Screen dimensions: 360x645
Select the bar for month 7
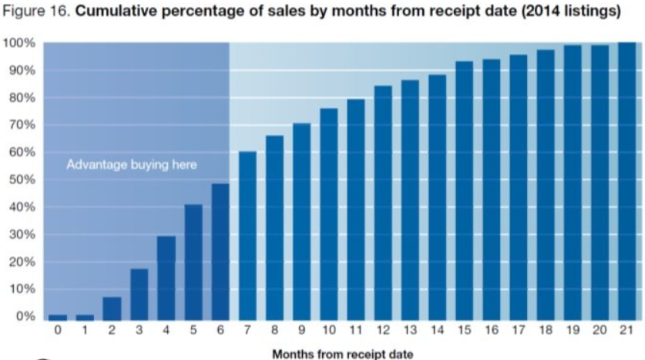tap(247, 235)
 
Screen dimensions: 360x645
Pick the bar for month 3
tap(139, 294)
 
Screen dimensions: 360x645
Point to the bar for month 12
tap(383, 203)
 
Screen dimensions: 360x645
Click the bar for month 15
tap(465, 190)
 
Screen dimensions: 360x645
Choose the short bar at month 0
tap(58, 317)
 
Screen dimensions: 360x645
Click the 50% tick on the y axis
tap(23, 180)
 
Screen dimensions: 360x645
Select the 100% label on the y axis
tap(20, 43)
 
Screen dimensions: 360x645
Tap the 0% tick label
tap(26, 317)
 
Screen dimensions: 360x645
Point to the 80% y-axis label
tap(23, 98)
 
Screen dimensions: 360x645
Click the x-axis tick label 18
tap(546, 330)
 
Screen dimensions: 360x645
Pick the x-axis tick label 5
tap(193, 330)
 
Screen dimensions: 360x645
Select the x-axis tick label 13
tap(410, 330)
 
